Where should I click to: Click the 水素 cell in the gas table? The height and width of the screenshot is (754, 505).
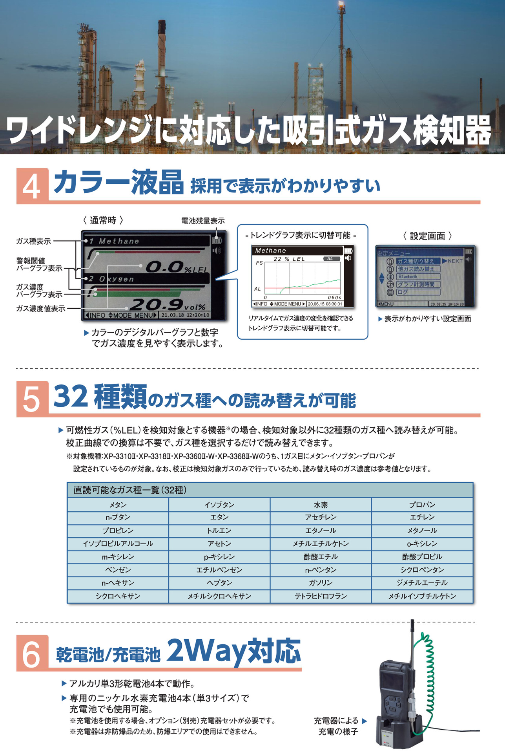click(321, 505)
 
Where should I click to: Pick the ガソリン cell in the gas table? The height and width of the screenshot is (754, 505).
click(321, 583)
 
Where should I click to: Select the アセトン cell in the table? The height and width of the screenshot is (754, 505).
click(219, 544)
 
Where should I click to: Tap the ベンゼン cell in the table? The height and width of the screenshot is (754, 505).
click(118, 570)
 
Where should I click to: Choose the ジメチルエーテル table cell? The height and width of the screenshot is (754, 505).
click(422, 583)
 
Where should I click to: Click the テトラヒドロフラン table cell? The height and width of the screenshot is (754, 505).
click(321, 596)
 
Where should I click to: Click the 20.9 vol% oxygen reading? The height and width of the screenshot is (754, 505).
click(167, 305)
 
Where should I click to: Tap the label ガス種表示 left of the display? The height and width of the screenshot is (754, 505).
click(33, 241)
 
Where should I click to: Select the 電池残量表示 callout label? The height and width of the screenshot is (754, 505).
click(203, 221)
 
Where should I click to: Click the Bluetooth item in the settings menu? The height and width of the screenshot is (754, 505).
click(408, 276)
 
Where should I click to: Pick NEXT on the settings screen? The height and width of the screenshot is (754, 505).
click(455, 261)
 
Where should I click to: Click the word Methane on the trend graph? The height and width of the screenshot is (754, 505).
click(271, 251)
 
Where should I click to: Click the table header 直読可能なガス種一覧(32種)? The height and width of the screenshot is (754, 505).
click(130, 490)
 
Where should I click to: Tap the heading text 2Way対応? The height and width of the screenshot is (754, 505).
click(234, 651)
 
